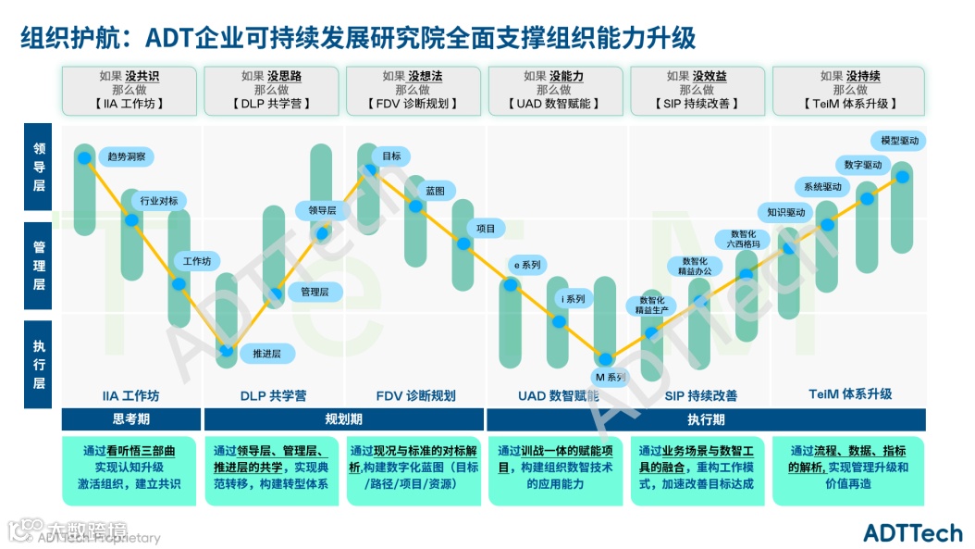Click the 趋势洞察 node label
point(127,156)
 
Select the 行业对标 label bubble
point(159,200)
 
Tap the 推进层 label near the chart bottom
point(266,353)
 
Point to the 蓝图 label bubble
point(435,190)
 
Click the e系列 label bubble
point(527,265)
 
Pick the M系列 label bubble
point(610,377)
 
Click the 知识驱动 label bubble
point(786,212)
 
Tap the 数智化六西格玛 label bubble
point(743,239)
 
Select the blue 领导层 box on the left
point(39,168)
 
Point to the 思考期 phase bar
point(130,419)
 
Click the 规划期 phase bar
point(343,419)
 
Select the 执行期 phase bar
point(707,419)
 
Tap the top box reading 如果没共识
point(130,90)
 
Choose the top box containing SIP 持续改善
point(697,90)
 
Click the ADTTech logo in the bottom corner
point(912,532)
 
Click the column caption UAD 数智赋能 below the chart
point(558,395)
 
